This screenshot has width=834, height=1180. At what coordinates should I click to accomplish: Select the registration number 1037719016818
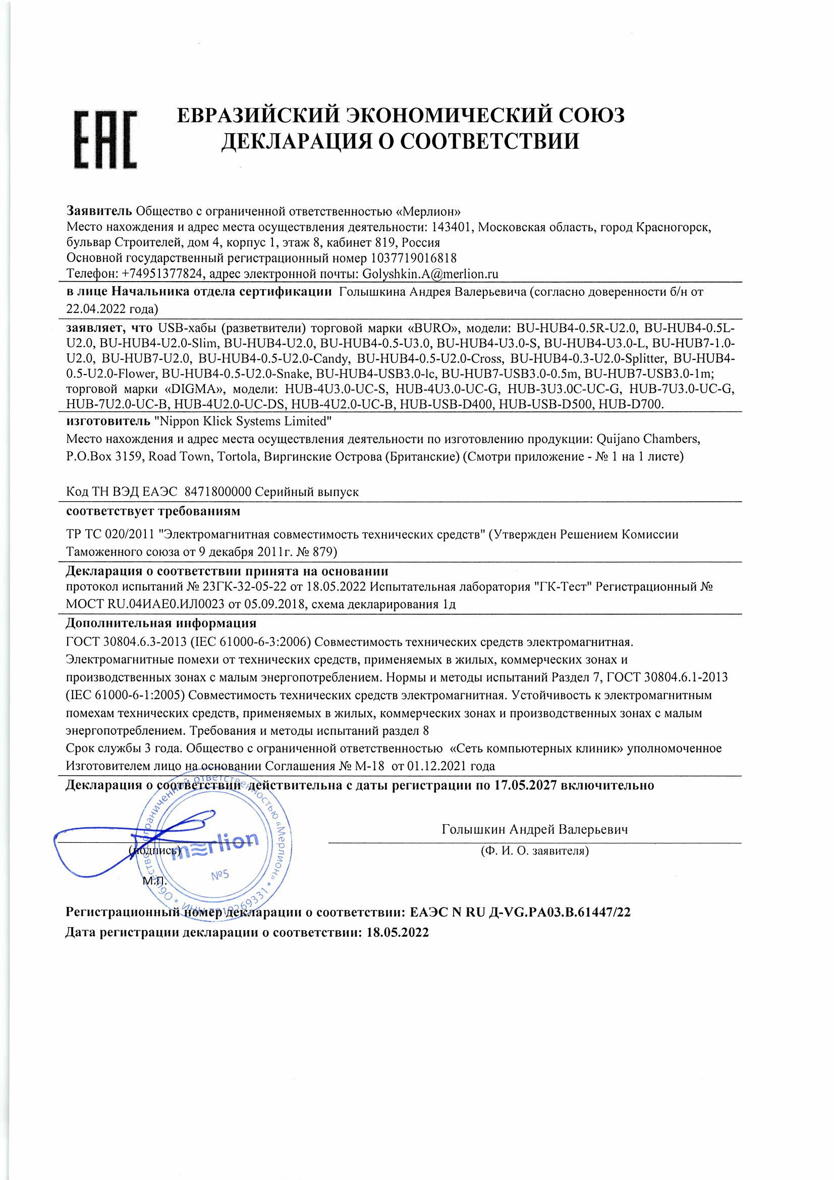pyautogui.click(x=412, y=257)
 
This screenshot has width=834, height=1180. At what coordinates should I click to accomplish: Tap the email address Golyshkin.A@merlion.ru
pyautogui.click(x=430, y=274)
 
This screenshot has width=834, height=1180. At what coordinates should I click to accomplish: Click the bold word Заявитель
pyautogui.click(x=99, y=211)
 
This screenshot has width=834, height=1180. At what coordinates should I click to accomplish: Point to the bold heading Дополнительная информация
pyautogui.click(x=161, y=624)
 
